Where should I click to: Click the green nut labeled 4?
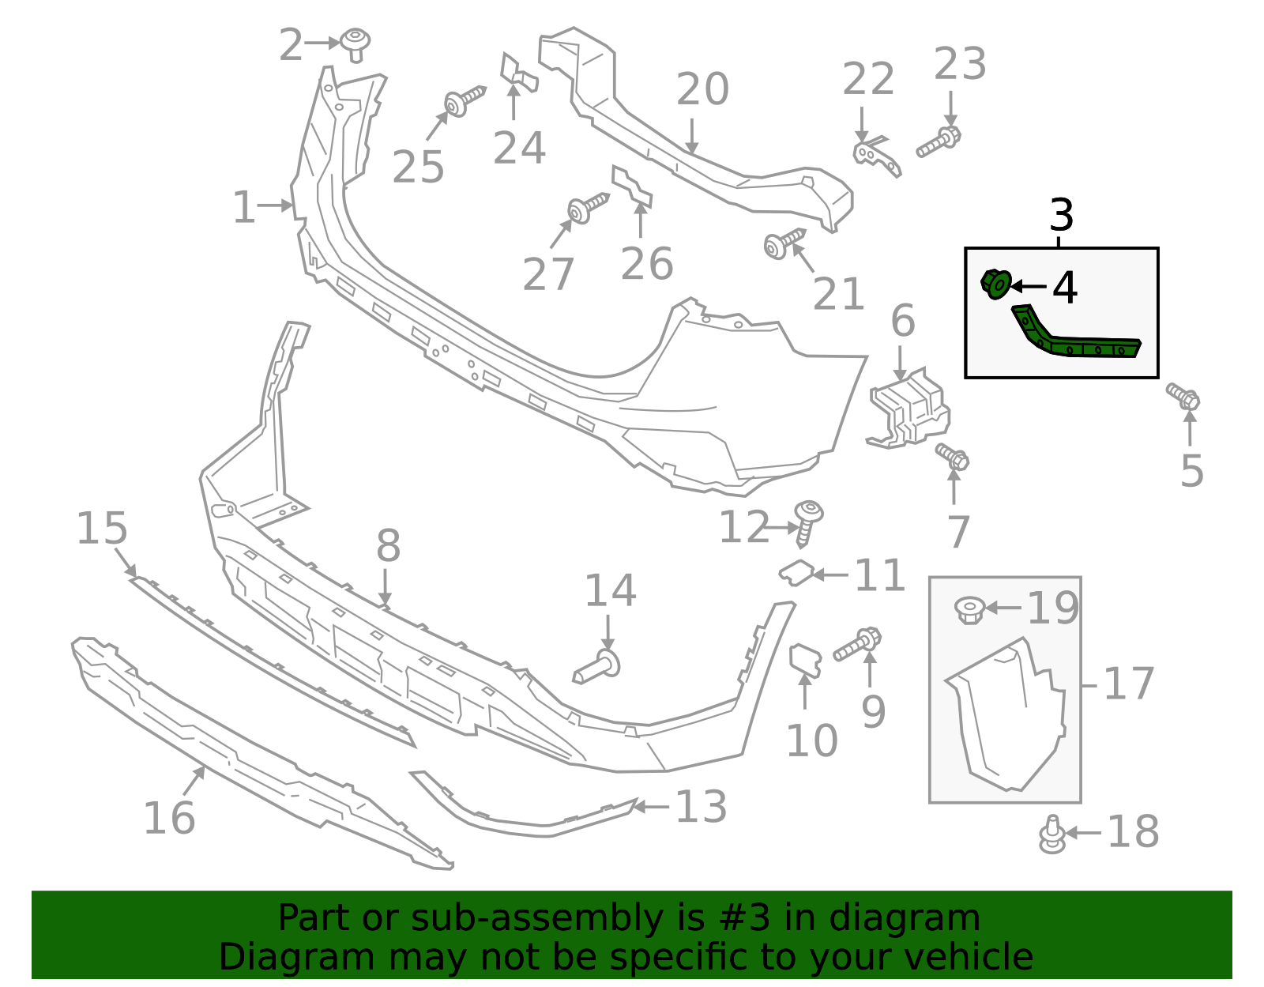pyautogui.click(x=996, y=284)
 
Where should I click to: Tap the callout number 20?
pyautogui.click(x=702, y=89)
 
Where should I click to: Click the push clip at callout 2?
pyautogui.click(x=356, y=43)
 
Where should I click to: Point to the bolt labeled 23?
pyautogui.click(x=939, y=143)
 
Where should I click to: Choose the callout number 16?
pyautogui.click(x=169, y=818)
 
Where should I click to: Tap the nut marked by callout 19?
pyautogui.click(x=969, y=609)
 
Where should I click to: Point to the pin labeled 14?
pyautogui.click(x=598, y=669)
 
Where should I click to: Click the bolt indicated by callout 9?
pyautogui.click(x=857, y=645)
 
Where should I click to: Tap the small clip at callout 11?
pyautogui.click(x=797, y=571)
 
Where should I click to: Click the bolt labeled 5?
pyautogui.click(x=1183, y=396)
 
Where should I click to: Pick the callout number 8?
pyautogui.click(x=388, y=545)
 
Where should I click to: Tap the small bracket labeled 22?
pyautogui.click(x=876, y=154)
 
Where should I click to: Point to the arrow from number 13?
pyautogui.click(x=651, y=807)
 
